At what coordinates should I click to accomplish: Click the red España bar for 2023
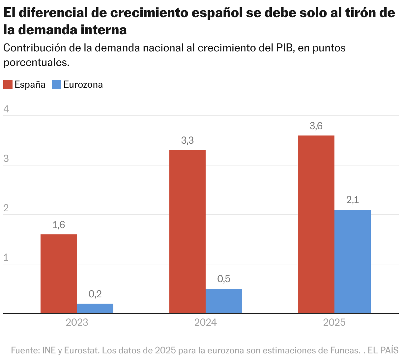click(59, 274)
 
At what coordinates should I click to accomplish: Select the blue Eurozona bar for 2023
click(95, 308)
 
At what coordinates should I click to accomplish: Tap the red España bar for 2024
click(187, 232)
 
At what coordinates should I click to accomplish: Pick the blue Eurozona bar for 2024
click(224, 301)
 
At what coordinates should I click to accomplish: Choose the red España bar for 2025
click(316, 224)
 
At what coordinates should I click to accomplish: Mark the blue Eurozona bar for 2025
click(353, 261)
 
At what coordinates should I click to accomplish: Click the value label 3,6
click(316, 126)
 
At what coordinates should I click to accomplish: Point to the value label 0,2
click(95, 294)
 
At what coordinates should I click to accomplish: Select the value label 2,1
click(353, 200)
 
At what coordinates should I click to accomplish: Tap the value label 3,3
click(187, 141)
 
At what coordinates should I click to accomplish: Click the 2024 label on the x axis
click(206, 322)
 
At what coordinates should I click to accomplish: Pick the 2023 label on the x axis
click(77, 322)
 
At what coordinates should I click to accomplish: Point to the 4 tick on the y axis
click(6, 109)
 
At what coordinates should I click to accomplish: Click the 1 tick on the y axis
click(6, 257)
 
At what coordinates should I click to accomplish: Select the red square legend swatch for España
click(8, 84)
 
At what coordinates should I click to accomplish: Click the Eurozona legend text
click(83, 84)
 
